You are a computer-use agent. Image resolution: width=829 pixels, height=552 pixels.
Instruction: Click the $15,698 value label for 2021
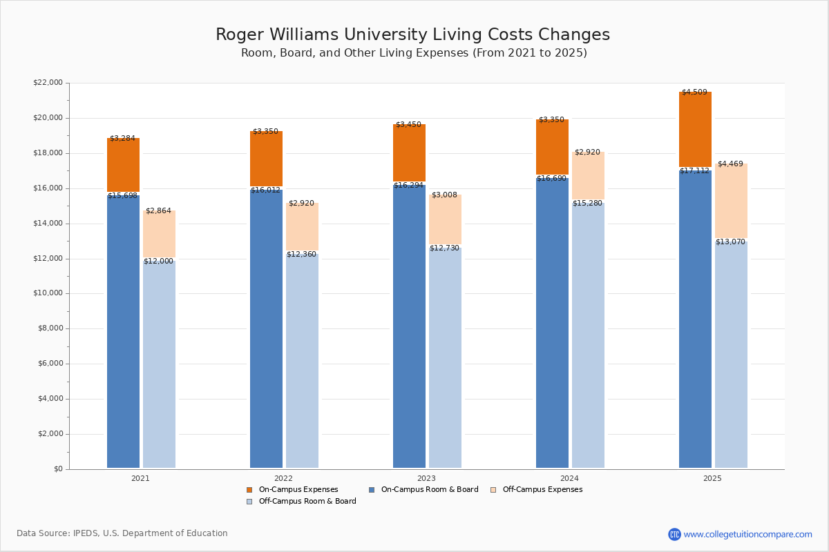(x=122, y=196)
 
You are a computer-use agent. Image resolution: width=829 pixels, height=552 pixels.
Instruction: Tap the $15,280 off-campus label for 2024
(x=587, y=204)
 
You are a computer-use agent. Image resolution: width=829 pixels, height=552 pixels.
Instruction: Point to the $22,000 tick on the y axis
(x=48, y=83)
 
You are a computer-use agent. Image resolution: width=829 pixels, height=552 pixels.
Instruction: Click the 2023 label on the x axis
(x=426, y=478)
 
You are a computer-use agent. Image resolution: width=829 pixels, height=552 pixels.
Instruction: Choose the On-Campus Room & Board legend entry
(x=429, y=490)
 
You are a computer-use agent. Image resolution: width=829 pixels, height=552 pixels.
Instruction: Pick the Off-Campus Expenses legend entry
(x=542, y=490)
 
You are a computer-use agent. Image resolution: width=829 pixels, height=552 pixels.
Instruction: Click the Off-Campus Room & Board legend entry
(x=307, y=502)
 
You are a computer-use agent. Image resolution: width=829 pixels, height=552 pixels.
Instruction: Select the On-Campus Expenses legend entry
(x=298, y=490)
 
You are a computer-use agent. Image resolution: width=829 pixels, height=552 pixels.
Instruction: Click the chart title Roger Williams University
(x=412, y=35)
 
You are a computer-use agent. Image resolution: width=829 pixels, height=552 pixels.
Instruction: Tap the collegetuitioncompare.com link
(x=747, y=534)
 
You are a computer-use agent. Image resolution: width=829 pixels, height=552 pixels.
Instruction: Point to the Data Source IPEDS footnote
(x=122, y=533)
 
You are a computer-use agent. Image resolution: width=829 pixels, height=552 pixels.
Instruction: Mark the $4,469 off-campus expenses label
(x=730, y=164)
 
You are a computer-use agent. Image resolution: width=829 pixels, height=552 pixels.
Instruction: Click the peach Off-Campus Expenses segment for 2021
(x=159, y=235)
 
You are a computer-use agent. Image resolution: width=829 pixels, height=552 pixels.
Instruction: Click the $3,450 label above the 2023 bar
(x=408, y=125)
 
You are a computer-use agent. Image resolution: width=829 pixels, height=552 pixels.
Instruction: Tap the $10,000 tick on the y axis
(x=48, y=293)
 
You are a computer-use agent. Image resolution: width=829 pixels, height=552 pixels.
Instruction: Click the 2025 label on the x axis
(x=712, y=478)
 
